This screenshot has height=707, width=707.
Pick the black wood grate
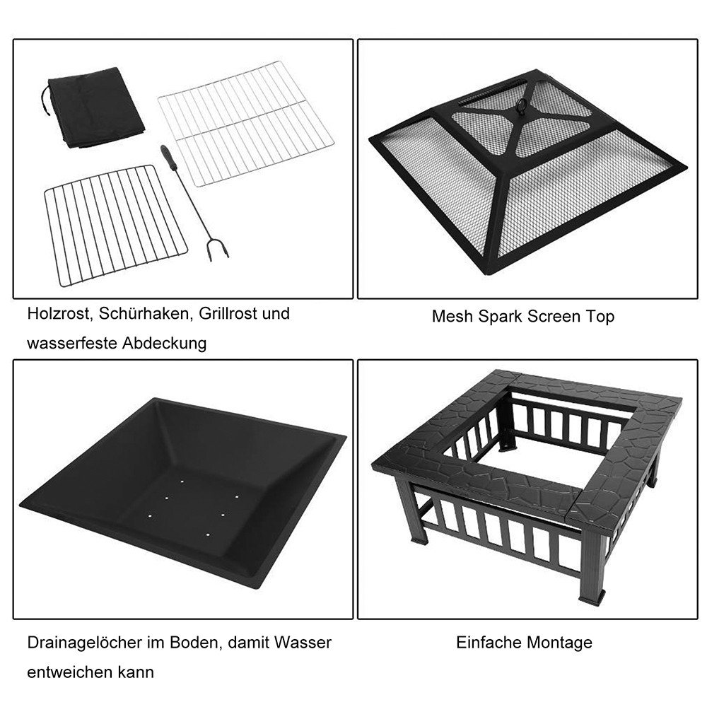click(x=115, y=223)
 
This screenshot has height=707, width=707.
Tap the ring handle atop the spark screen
click(x=523, y=106)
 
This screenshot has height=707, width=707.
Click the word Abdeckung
click(x=165, y=344)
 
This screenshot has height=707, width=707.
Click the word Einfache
click(x=489, y=643)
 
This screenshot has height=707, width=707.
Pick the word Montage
click(x=559, y=643)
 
